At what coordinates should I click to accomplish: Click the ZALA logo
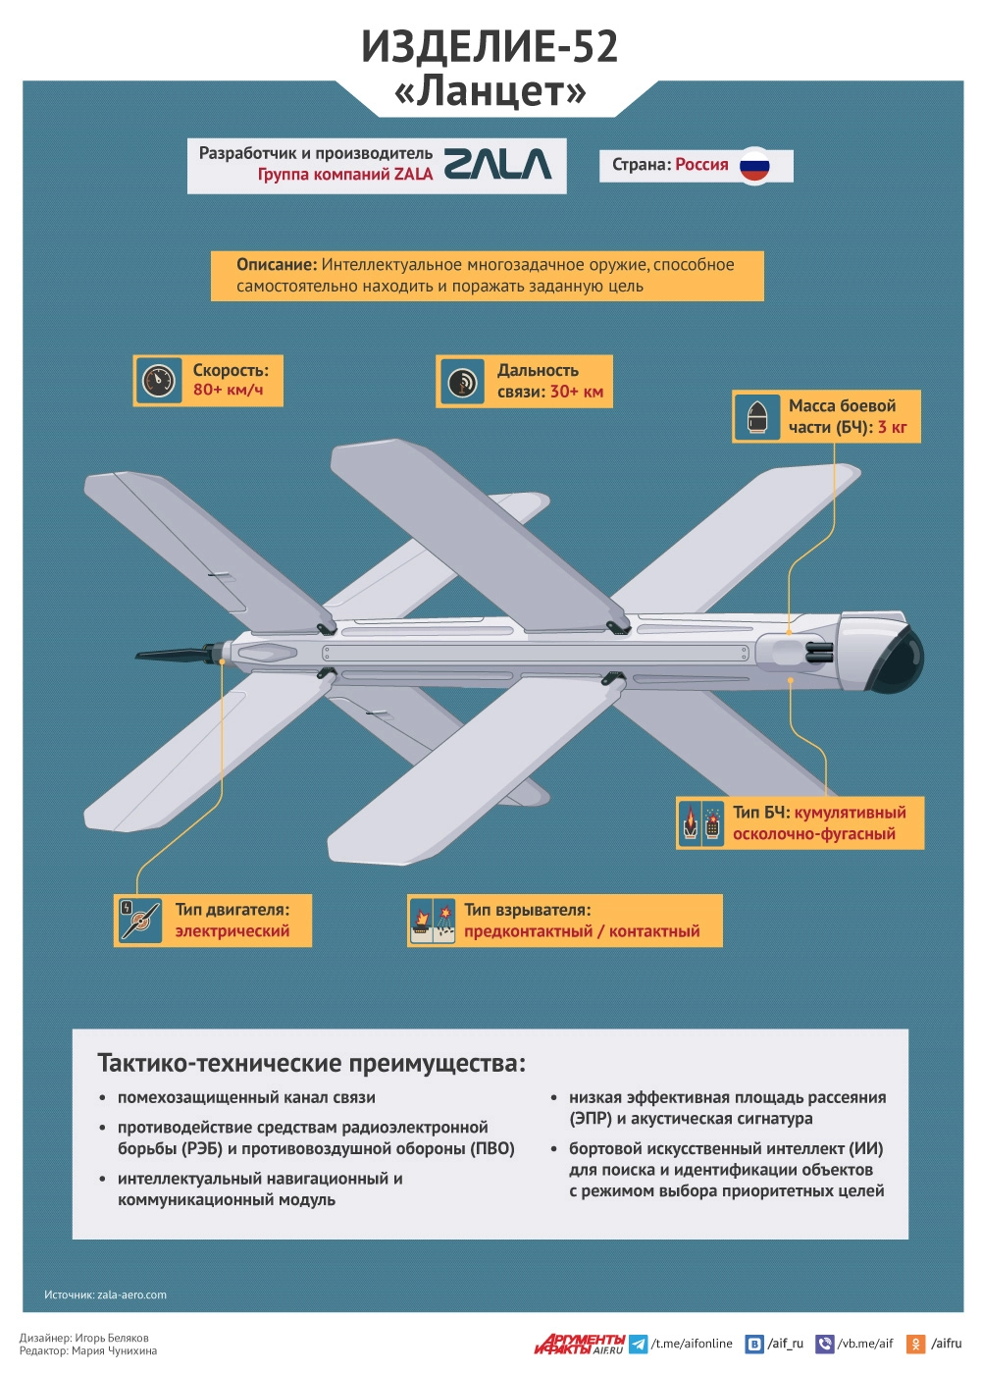coord(497,164)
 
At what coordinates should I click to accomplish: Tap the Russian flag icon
coord(754,166)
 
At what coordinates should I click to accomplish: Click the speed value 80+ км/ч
coord(228,390)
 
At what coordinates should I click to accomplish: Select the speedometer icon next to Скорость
coord(158,380)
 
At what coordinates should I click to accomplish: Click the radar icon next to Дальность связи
coord(461,381)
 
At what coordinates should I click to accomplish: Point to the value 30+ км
coord(576,392)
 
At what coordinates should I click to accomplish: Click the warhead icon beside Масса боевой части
coord(756,416)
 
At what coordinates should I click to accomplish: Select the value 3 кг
coord(892,427)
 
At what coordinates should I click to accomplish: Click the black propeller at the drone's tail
coord(172,654)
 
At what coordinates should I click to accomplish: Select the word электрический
coord(232,931)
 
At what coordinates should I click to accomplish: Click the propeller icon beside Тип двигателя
coord(139,921)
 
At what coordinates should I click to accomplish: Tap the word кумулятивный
coord(850,813)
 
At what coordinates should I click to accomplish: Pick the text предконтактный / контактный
coord(582,931)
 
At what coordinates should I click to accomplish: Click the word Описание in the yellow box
coord(276,265)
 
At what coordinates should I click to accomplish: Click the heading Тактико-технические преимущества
coord(311,1063)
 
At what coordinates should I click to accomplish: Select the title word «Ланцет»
coord(490,91)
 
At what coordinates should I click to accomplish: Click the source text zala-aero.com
coord(131,1294)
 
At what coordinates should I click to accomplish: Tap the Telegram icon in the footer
coord(638,1344)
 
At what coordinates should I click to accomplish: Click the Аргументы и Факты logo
coord(579,1344)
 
